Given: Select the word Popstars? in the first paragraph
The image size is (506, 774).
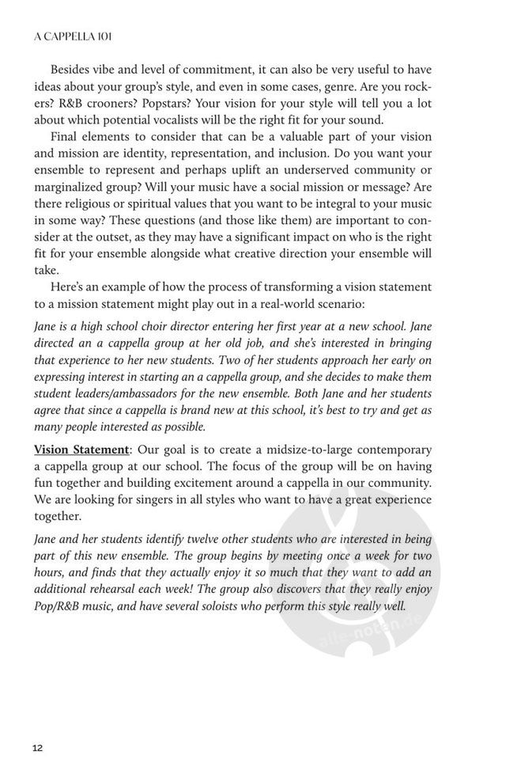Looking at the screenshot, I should [x=198, y=103].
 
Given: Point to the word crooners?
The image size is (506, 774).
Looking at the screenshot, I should [x=131, y=103].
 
